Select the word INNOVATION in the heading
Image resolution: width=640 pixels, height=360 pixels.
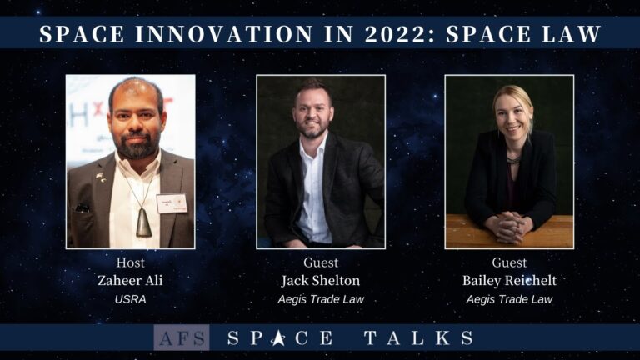point(224,34)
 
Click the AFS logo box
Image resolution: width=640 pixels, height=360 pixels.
point(182,337)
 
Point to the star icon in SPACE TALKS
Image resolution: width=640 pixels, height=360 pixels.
point(278,338)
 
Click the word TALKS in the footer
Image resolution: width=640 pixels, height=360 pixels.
point(419,338)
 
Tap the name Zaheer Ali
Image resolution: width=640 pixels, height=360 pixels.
point(130,280)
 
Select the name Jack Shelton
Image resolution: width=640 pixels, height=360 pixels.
point(321,280)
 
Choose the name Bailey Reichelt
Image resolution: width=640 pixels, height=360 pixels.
point(509,281)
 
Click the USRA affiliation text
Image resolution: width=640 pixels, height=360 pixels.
point(130,299)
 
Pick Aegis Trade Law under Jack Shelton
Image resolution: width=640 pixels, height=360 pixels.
point(321,300)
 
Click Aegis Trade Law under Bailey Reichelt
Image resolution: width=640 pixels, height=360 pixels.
point(509,300)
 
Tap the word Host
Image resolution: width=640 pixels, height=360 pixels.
point(130,262)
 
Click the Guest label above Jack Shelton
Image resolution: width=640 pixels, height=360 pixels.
point(321,262)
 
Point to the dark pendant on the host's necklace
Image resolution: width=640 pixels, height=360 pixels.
point(143,222)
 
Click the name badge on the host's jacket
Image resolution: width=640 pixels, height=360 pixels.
point(172,203)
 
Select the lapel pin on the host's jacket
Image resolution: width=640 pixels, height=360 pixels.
point(100,177)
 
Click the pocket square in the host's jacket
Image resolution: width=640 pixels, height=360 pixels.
point(82,207)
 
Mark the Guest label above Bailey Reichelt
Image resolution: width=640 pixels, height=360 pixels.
point(509,262)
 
